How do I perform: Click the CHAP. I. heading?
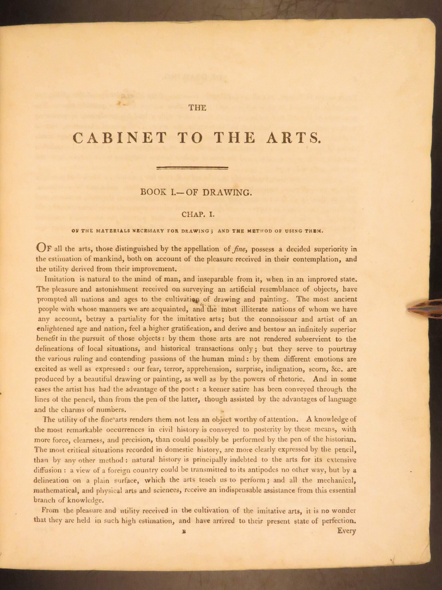(x=198, y=214)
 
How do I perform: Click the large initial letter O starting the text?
(x=41, y=248)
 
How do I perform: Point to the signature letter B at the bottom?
(x=183, y=524)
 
